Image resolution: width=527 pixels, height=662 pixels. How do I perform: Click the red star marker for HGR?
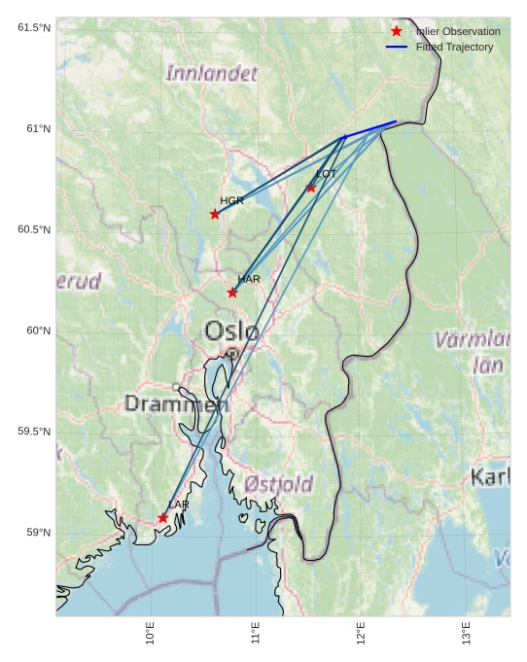click(x=215, y=214)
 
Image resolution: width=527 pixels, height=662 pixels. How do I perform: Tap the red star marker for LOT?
click(x=311, y=188)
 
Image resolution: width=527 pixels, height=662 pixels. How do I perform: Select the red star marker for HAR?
click(x=232, y=293)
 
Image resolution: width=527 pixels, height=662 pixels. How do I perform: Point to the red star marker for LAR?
click(x=162, y=518)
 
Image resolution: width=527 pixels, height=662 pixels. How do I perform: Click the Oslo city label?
click(x=231, y=331)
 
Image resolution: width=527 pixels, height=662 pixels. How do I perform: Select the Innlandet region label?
click(x=212, y=73)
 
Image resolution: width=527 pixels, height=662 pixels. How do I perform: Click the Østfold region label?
click(x=278, y=483)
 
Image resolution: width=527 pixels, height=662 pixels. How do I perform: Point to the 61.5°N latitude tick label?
click(x=34, y=27)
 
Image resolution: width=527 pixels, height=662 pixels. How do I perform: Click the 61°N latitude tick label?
click(x=38, y=128)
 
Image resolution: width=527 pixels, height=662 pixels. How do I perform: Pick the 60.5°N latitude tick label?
click(x=34, y=229)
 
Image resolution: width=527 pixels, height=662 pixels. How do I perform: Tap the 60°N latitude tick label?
click(x=38, y=331)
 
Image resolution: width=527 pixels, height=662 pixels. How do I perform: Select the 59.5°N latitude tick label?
click(x=34, y=432)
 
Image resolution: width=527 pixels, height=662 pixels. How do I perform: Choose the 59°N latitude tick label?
click(x=38, y=533)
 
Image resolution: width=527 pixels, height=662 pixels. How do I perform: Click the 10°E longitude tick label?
click(x=151, y=633)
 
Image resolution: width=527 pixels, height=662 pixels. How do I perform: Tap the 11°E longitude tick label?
click(x=256, y=633)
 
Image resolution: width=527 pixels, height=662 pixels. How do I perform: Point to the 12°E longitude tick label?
click(x=361, y=633)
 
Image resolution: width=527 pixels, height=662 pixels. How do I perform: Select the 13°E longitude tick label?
click(x=466, y=633)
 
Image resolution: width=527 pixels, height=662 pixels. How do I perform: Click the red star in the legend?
click(x=397, y=31)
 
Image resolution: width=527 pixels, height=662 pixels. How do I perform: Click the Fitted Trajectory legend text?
click(x=454, y=47)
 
